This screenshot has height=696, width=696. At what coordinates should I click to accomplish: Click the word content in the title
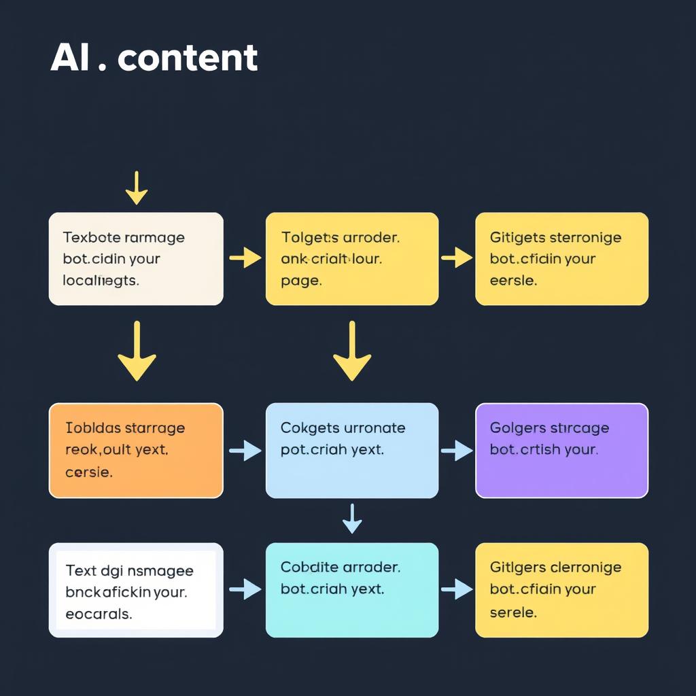[188, 58]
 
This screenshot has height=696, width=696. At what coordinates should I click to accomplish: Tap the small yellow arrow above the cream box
[137, 188]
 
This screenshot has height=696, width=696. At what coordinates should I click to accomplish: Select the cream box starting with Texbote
[136, 258]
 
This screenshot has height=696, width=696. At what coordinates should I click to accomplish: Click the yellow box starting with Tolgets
[351, 258]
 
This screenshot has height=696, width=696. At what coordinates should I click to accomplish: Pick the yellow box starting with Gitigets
[561, 258]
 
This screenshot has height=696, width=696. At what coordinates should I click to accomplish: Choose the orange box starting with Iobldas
[136, 450]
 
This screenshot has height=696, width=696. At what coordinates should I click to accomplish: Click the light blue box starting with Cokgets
[351, 450]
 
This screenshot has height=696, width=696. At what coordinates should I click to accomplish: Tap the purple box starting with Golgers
[561, 450]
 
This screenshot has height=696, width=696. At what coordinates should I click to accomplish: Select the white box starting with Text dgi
[136, 590]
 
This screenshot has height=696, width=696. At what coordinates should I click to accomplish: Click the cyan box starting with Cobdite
[351, 590]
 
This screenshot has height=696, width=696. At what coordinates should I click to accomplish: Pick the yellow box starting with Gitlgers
[561, 590]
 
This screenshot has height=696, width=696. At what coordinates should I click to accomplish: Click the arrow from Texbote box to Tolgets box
[245, 258]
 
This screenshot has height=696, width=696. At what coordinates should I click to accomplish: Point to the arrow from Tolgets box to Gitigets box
[457, 258]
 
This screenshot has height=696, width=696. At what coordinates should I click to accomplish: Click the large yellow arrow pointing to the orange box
[137, 351]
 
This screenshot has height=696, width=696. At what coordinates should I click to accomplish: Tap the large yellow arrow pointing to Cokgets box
[351, 351]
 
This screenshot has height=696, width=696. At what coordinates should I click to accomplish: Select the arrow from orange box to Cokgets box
[245, 450]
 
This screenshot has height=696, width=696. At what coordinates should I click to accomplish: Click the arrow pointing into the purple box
[457, 450]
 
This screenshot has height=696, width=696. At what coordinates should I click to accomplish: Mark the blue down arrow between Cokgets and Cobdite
[351, 519]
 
